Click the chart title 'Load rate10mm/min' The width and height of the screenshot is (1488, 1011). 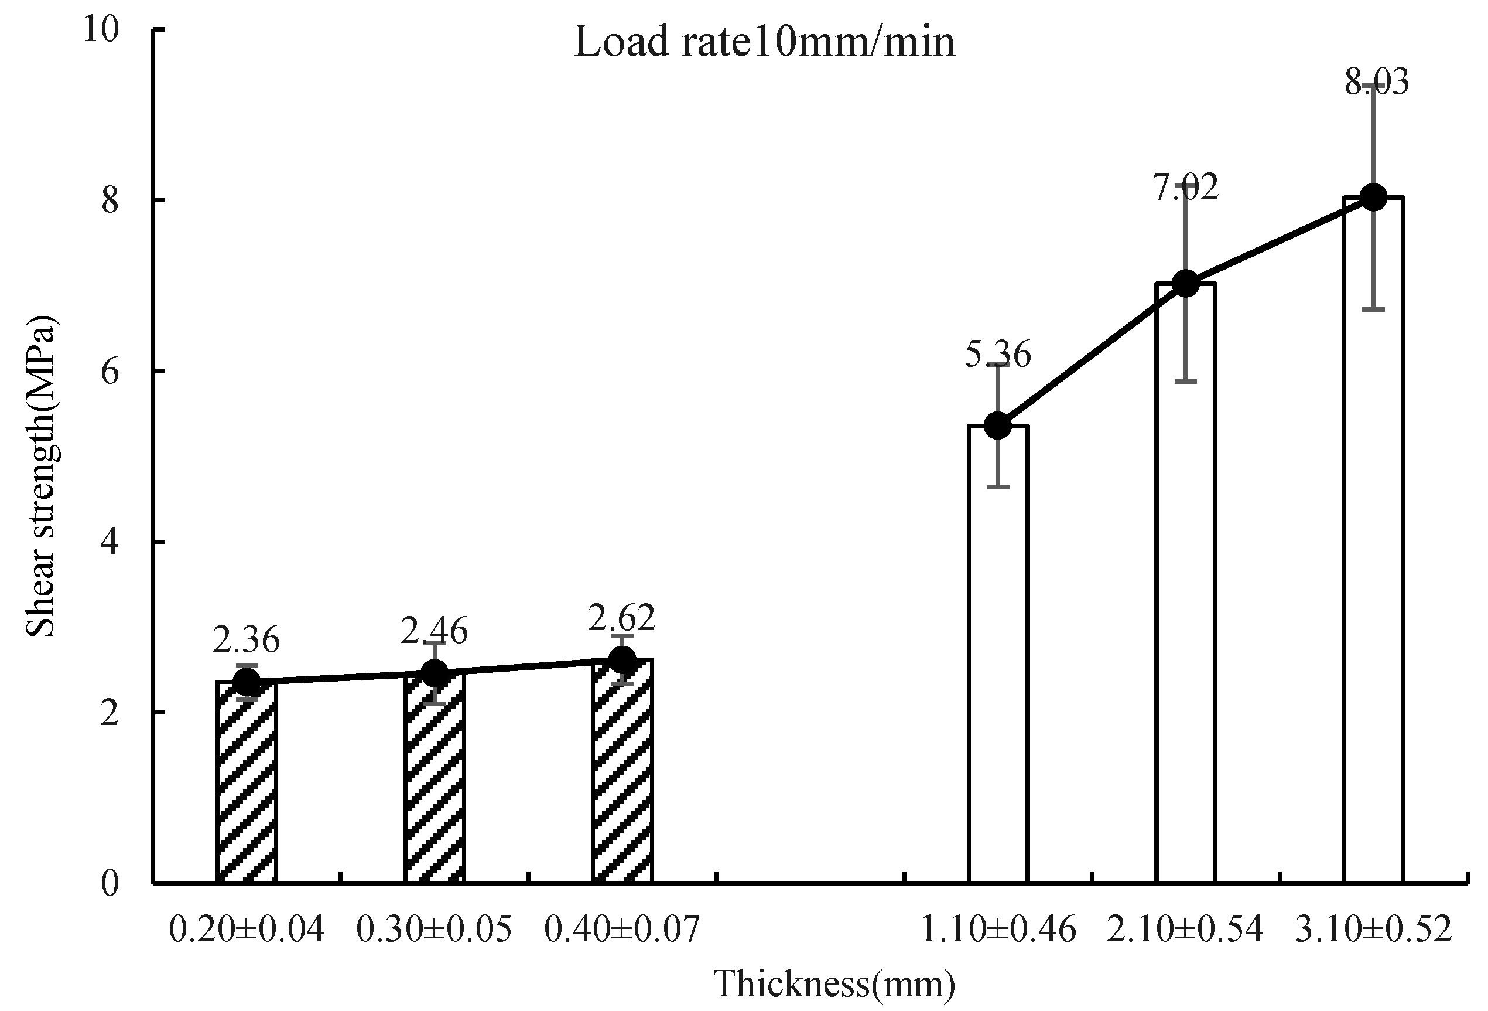click(764, 42)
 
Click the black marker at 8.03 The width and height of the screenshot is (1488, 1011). click(1373, 198)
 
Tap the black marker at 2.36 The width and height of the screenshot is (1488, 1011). click(247, 682)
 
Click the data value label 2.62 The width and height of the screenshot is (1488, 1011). click(622, 618)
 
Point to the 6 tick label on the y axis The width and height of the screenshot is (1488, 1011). click(110, 372)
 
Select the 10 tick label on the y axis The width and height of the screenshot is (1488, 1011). click(102, 30)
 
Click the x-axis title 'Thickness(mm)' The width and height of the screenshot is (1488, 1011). click(834, 983)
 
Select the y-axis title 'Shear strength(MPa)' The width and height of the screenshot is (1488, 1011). click(41, 476)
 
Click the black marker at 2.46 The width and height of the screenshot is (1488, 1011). click(434, 673)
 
